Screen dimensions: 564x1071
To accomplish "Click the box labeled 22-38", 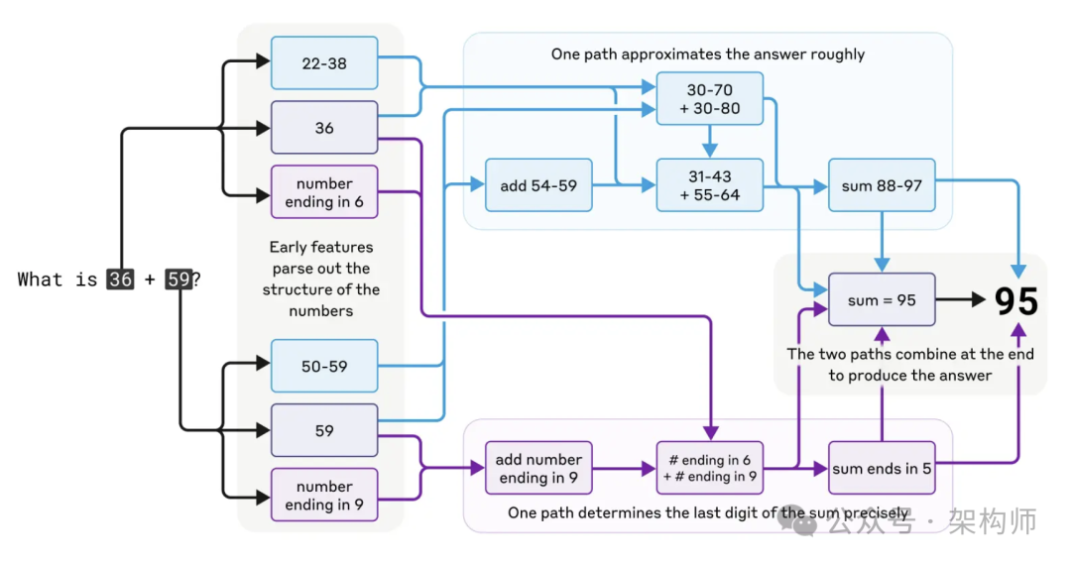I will click(x=324, y=63).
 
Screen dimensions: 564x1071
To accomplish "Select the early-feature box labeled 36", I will click(x=324, y=128).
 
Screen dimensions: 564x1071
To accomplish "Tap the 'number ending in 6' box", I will click(x=324, y=192).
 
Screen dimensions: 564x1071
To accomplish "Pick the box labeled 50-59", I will click(x=324, y=366).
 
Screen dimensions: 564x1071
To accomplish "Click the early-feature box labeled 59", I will click(x=324, y=430).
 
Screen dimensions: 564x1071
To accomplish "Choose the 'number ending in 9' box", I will click(x=324, y=495).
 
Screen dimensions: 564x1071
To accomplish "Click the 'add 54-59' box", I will click(x=538, y=185).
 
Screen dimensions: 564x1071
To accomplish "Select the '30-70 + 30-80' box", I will click(x=710, y=99).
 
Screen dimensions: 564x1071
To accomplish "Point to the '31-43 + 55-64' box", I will click(x=710, y=185).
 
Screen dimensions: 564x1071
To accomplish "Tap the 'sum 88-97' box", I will click(x=882, y=185).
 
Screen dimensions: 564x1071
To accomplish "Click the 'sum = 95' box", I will click(x=882, y=299).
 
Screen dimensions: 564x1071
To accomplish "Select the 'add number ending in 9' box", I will click(x=538, y=468).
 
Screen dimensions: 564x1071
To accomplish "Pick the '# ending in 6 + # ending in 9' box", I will click(x=710, y=468).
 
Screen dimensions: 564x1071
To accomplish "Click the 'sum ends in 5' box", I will click(x=882, y=468).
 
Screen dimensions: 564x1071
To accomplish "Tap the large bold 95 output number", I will click(x=1016, y=301).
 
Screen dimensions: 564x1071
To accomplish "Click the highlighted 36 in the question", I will click(x=121, y=280).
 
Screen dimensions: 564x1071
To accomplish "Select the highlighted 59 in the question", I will click(x=178, y=280).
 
